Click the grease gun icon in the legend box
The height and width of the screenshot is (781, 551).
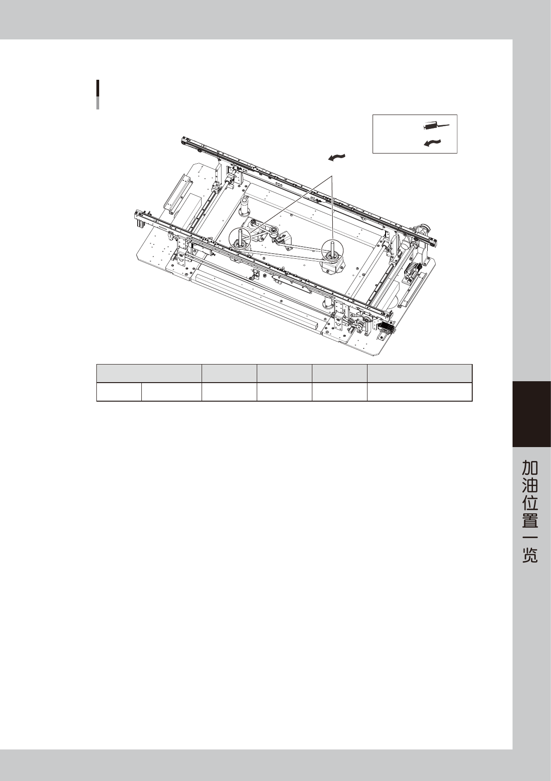[x=436, y=126]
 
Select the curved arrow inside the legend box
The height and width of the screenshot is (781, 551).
[x=432, y=142]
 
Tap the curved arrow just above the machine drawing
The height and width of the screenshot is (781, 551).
[x=337, y=157]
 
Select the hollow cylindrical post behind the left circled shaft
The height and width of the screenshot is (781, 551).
[x=245, y=206]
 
